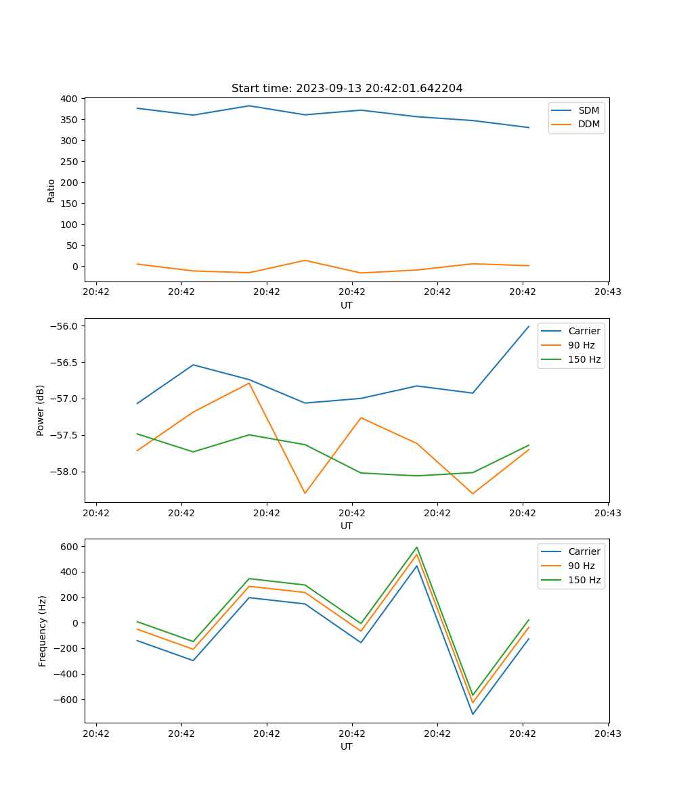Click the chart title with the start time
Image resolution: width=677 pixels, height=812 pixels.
coord(347,89)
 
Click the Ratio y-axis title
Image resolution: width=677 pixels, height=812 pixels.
coord(51,191)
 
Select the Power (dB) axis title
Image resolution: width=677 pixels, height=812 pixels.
coord(41,410)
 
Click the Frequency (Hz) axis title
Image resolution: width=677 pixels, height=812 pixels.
coord(43,631)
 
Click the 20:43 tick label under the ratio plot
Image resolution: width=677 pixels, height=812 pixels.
coord(608,292)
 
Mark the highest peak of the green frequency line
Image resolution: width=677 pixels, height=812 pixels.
coord(417,547)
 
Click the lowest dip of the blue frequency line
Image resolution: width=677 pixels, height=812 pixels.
coord(473,714)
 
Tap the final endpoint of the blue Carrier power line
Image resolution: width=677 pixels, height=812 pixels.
coord(529,326)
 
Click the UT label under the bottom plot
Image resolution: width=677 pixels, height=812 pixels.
coord(347,746)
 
